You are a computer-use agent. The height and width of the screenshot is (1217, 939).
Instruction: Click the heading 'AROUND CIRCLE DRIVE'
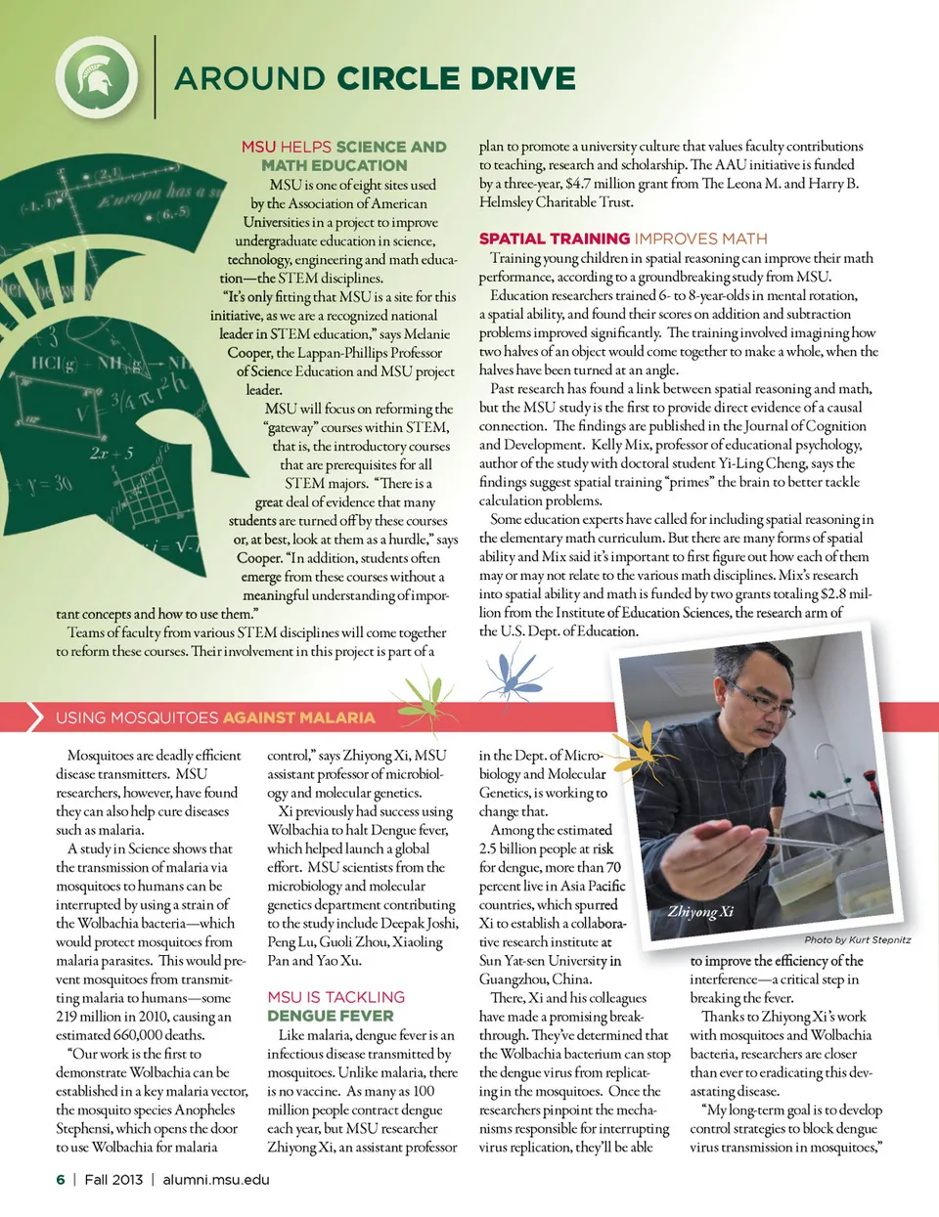click(375, 78)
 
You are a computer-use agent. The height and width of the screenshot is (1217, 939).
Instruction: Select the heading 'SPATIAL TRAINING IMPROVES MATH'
click(623, 239)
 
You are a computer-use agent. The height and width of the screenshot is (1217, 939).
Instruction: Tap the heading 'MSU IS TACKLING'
click(335, 997)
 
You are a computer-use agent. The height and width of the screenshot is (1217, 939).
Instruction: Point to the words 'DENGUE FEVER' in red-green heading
click(330, 1016)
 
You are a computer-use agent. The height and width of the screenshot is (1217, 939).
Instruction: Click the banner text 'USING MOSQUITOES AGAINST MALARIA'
click(215, 717)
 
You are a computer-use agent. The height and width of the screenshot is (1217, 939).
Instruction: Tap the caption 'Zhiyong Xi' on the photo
click(700, 912)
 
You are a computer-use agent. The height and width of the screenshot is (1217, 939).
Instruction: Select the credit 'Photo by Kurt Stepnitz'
click(857, 939)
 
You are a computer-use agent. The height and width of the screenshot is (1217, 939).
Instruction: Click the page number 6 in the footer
click(61, 1179)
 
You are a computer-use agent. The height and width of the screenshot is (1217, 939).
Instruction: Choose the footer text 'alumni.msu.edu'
click(216, 1179)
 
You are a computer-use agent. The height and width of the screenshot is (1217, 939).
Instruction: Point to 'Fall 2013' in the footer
click(113, 1179)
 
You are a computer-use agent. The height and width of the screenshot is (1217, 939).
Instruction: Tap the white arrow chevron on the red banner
click(35, 717)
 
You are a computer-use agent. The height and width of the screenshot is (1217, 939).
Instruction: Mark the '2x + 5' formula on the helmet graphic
click(112, 454)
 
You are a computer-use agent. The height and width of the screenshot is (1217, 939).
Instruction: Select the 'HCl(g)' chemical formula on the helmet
click(54, 364)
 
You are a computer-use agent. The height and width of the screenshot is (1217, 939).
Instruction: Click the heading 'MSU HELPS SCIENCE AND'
click(343, 147)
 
